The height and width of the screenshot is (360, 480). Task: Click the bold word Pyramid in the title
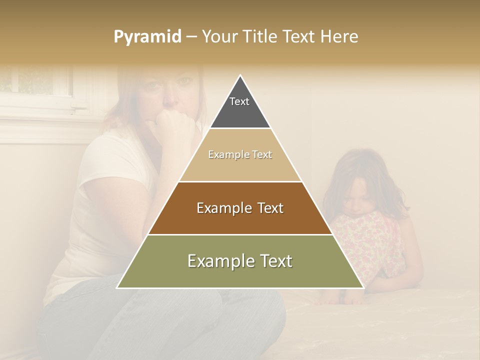(x=147, y=37)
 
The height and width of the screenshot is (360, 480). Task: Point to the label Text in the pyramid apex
(x=239, y=101)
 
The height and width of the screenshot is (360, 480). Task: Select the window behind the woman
(x=35, y=85)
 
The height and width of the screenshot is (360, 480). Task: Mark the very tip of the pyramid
(x=240, y=76)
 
